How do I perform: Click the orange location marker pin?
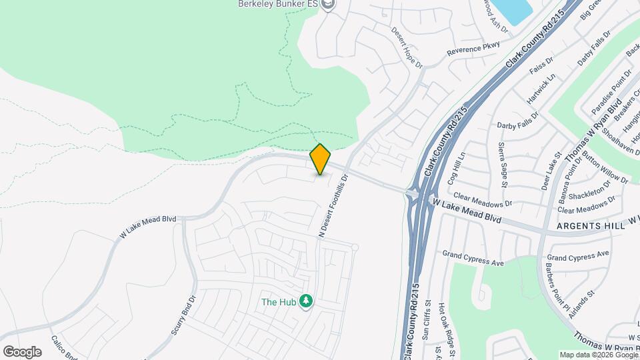tap(321, 159)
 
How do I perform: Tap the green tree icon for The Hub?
tap(306, 301)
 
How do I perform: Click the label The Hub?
tap(278, 302)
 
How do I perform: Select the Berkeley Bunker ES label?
tap(277, 4)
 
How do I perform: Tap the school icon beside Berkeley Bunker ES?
tap(327, 5)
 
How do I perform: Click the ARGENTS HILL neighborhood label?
tap(591, 227)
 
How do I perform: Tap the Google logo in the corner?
tap(23, 351)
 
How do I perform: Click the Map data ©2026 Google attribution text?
tap(598, 355)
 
